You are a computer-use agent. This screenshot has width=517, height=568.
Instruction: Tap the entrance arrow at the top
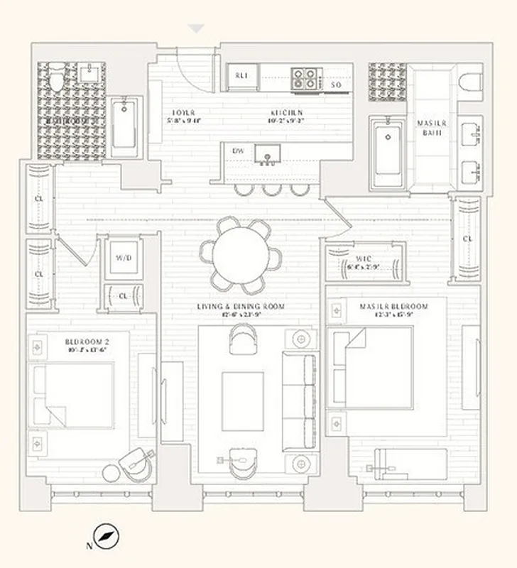click(x=196, y=28)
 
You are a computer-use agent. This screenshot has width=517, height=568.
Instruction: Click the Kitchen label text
click(x=286, y=113)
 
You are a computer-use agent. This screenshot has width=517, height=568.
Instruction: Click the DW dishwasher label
click(x=237, y=151)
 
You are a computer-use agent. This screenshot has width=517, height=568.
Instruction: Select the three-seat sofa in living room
click(x=299, y=401)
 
